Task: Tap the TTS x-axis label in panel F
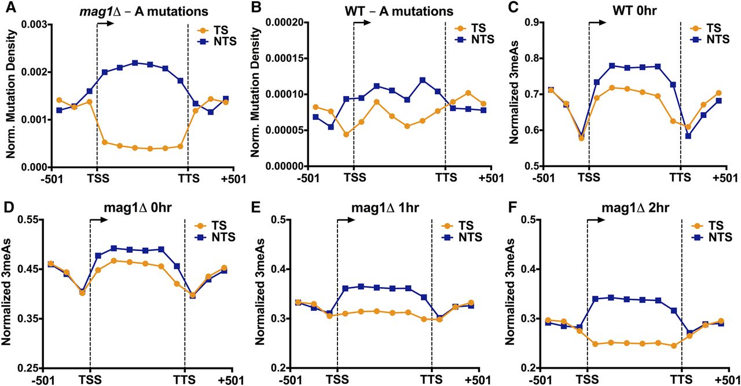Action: pos(681,380)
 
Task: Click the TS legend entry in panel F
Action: pos(710,226)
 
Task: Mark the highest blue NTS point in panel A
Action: pos(135,63)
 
